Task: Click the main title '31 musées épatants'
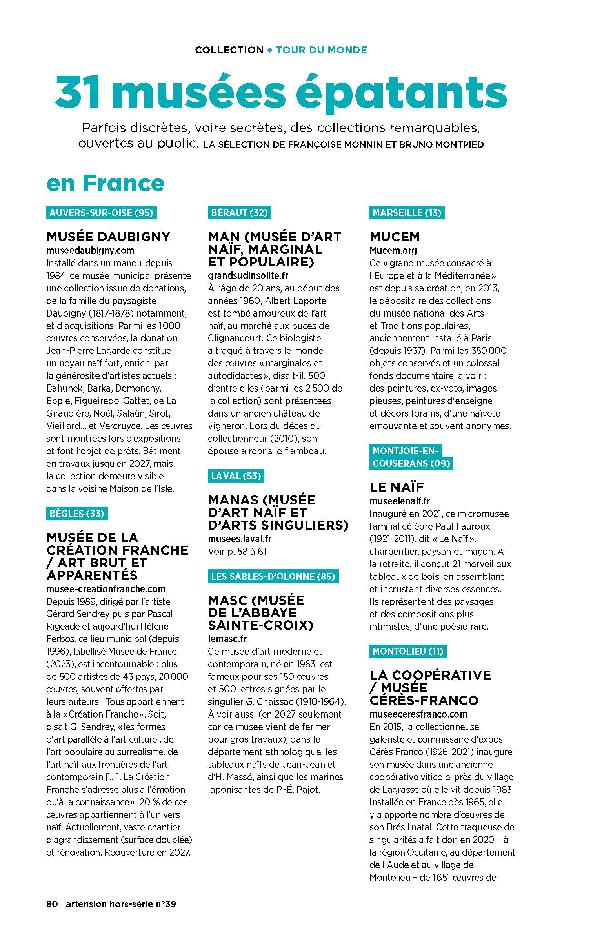click(x=281, y=92)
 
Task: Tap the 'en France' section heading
click(x=105, y=183)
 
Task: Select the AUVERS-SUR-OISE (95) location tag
click(x=101, y=213)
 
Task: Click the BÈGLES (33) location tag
click(x=77, y=514)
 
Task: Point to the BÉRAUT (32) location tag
click(x=239, y=213)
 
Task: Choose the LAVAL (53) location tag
click(x=236, y=476)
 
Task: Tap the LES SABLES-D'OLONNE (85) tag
click(x=273, y=576)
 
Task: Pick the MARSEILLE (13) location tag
click(x=407, y=213)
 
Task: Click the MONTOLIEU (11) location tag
click(x=408, y=652)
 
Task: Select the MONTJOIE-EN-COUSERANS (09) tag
click(x=411, y=457)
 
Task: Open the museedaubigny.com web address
click(x=90, y=250)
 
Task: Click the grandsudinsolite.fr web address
click(x=248, y=275)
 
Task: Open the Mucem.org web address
click(x=393, y=250)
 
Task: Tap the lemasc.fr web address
click(x=227, y=639)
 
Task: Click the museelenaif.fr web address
click(x=400, y=501)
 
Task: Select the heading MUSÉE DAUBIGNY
click(x=108, y=237)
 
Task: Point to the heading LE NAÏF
click(x=397, y=488)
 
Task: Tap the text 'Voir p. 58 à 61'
click(x=237, y=551)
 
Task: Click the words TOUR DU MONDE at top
click(x=322, y=50)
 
